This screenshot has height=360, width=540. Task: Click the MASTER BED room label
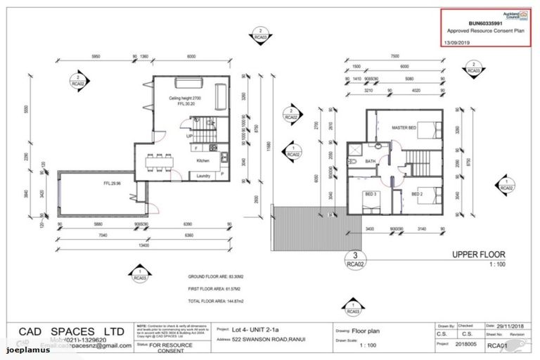pos(404,127)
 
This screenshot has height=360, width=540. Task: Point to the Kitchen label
pos(203,161)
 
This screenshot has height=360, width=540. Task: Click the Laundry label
pos(204,176)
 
